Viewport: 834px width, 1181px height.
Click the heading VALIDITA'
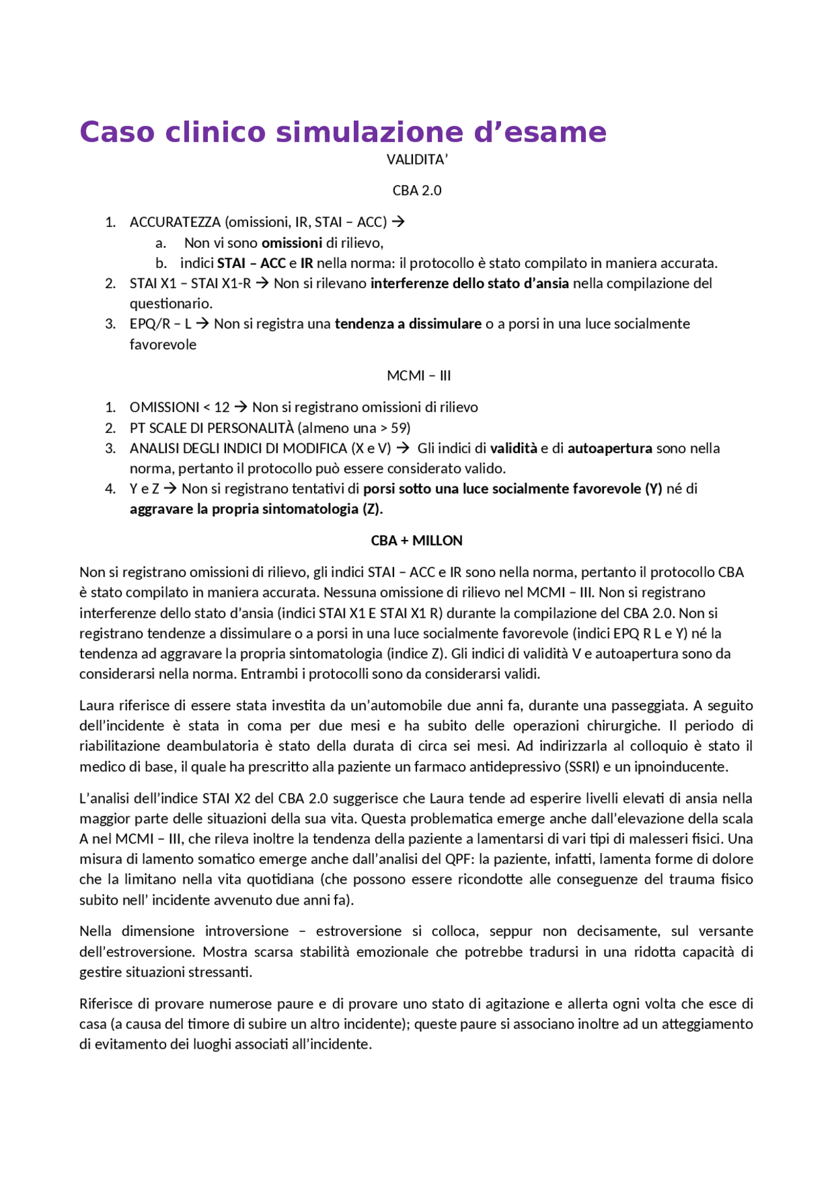(x=417, y=160)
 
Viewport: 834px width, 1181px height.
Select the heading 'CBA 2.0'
(x=417, y=190)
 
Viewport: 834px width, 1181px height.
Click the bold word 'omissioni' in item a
(x=291, y=243)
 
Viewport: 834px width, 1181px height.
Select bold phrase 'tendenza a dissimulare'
(x=408, y=324)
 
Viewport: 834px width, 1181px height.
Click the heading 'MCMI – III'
(x=418, y=376)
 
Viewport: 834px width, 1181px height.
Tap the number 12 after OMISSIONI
(x=222, y=408)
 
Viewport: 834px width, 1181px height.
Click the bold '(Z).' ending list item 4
(x=372, y=509)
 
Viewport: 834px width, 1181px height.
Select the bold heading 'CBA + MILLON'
(x=416, y=541)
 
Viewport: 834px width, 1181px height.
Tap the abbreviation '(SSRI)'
(x=581, y=767)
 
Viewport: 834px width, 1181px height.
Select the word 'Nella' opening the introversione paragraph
(x=95, y=931)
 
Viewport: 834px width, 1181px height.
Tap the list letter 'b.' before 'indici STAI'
(x=161, y=263)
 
